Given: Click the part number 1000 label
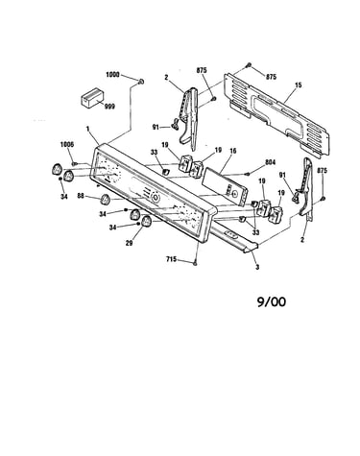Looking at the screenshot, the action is pos(112,75).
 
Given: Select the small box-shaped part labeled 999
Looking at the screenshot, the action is pos(92,97).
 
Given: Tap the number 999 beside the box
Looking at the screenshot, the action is pos(109,107).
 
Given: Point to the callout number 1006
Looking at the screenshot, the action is pos(67,144).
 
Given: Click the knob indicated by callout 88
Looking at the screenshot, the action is pos(105,200).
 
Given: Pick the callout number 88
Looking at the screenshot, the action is pos(81,195).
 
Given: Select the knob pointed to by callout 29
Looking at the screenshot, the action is pos(147,222).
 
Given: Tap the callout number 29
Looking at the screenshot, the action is pos(129,243).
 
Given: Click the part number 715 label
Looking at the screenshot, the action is pos(171,259).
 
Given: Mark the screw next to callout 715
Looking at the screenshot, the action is pos(195,263).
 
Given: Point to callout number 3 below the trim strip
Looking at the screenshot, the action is pos(257,267).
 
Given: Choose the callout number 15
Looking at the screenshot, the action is pos(299,85).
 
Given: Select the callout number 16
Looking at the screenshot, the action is pos(233,151).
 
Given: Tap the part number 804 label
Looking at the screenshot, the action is pos(270,162).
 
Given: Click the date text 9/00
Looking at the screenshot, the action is pos(272,301).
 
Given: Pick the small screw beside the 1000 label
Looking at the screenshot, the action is pos(141,82).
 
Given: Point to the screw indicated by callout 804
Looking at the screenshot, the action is pos(248,174).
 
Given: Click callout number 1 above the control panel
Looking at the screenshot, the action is pos(87,129).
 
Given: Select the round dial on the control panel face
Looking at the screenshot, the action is pos(156,198).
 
